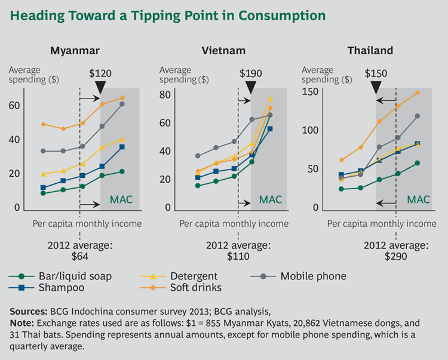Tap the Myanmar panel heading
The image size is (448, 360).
(75, 51)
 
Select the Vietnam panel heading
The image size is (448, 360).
(225, 51)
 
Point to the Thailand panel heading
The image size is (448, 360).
(370, 51)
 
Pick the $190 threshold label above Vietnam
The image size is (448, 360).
(251, 73)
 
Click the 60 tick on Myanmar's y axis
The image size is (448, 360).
(14, 106)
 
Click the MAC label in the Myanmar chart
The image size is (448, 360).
(121, 199)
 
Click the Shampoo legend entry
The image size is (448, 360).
(59, 288)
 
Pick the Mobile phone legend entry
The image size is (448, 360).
(313, 276)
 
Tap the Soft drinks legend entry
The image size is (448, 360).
(197, 288)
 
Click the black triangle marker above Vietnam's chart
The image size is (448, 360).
(251, 87)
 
